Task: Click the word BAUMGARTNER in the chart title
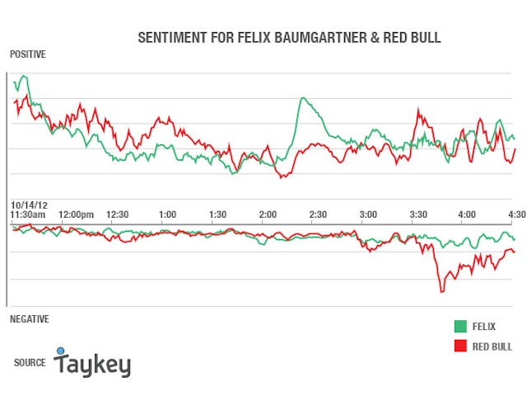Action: coord(320,37)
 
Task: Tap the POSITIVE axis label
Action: coord(28,54)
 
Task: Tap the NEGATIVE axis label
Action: coord(30,318)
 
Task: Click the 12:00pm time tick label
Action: coord(76,214)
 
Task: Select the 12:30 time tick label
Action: coord(118,214)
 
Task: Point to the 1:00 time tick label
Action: coord(167,214)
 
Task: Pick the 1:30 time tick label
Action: coord(217,214)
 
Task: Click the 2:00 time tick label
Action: coord(268,214)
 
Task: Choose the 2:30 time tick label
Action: coord(318,214)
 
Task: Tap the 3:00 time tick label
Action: coord(368,214)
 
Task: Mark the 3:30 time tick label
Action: coord(418,214)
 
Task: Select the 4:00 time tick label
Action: coord(467,214)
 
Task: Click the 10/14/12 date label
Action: coord(30,205)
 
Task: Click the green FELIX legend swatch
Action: coord(460,326)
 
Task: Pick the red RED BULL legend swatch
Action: coord(460,346)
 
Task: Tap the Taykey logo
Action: coord(92,362)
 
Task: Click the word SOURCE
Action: coord(30,362)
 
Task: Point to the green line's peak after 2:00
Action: coord(303,98)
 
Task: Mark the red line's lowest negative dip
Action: coord(442,291)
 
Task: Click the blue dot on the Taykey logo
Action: coord(60,351)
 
